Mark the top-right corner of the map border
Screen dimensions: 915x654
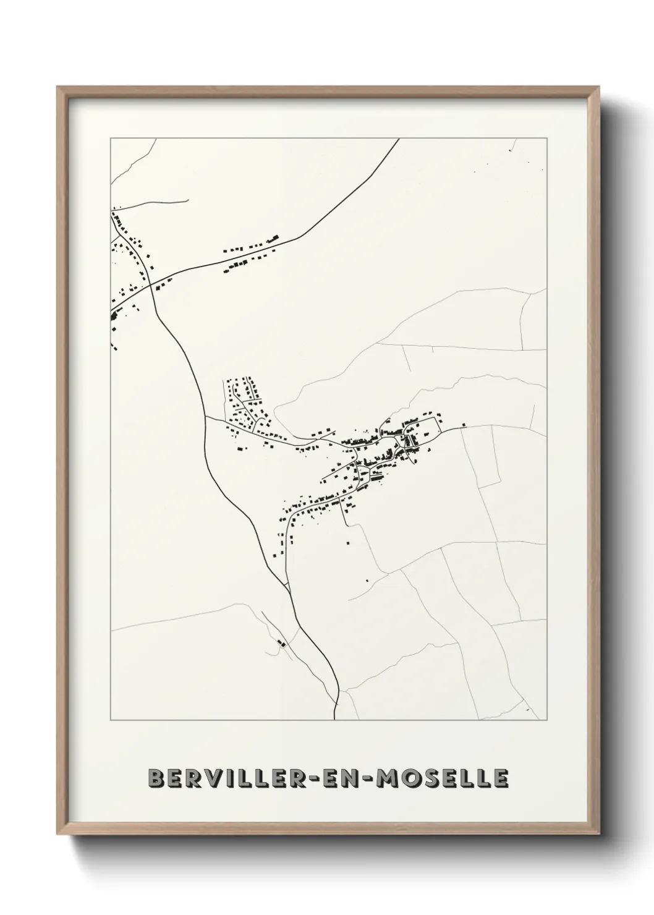coord(546,138)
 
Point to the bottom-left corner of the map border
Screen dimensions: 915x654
coord(111,720)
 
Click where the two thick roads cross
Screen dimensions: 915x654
coord(150,286)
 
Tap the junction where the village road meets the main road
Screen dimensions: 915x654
coord(205,417)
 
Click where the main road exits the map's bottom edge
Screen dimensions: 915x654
coord(334,720)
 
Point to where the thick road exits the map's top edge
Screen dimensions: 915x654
coord(399,139)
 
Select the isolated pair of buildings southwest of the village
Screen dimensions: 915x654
coord(282,644)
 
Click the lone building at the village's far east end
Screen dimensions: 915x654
coord(463,425)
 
